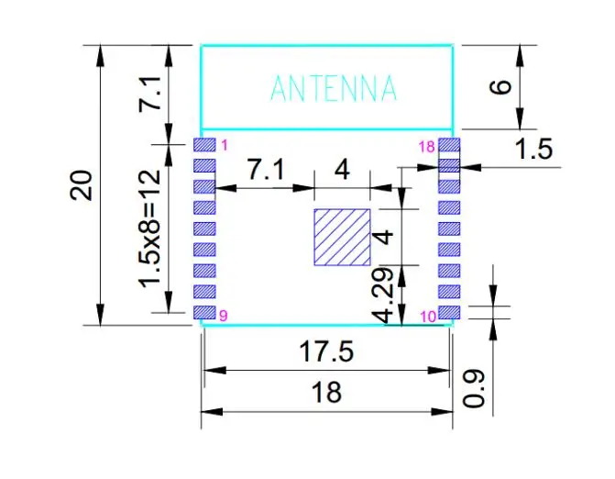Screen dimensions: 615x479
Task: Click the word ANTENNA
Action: [x=334, y=89]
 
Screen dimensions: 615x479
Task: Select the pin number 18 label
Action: [x=426, y=147]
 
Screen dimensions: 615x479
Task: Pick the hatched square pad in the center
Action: [x=343, y=238]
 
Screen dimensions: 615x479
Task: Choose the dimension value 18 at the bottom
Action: [x=326, y=392]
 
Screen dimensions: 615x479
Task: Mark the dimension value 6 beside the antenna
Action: [x=500, y=88]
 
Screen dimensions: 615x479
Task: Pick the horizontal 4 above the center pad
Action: [x=342, y=170]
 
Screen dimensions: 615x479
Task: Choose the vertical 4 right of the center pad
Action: [x=388, y=236]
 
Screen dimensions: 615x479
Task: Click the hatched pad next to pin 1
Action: [x=205, y=146]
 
